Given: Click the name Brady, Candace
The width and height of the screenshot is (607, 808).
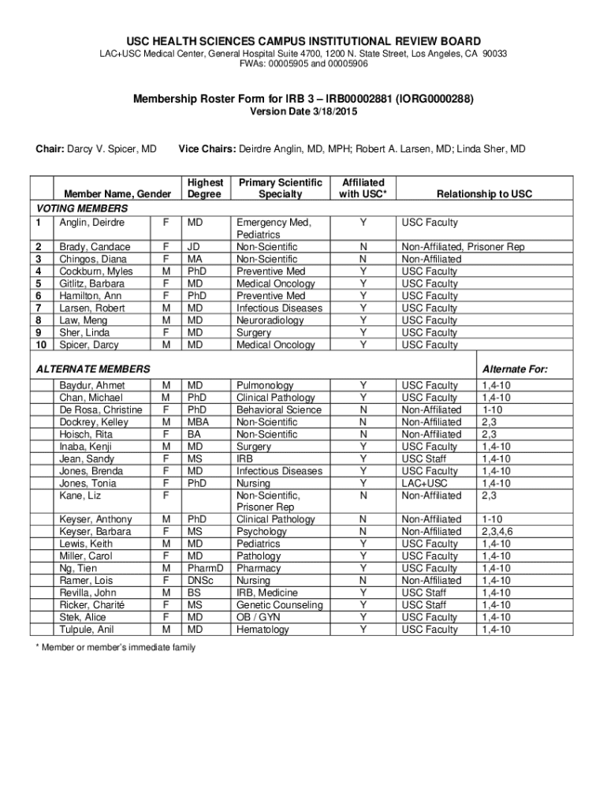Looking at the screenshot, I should point(89,247).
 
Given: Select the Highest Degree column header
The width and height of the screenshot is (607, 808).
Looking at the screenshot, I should point(205,188).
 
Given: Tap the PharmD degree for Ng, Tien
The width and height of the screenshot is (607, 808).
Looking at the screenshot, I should point(204,568).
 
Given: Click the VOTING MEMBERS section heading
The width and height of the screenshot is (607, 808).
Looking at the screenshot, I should point(82,208).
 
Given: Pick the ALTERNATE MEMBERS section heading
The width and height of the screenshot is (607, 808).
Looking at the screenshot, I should point(92,369).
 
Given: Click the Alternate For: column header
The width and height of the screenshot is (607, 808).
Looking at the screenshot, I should point(515,369).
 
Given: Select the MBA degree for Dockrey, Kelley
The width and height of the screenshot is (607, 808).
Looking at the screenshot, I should point(199,422).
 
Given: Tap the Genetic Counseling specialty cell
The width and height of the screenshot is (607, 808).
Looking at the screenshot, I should point(279,605).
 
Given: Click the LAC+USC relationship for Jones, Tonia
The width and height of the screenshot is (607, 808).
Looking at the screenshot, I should point(425,483).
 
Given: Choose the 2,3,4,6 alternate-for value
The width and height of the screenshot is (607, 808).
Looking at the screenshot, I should point(497,532).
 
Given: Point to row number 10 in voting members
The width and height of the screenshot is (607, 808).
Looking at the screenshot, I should point(43,345).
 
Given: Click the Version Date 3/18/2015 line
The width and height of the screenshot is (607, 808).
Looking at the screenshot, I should point(303,112).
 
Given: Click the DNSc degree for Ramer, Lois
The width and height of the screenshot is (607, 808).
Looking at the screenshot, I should point(201,581).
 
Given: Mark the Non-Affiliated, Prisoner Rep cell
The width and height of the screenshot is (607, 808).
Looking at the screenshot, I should point(463,247).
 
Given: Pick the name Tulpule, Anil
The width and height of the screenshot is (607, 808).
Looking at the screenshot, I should point(86,630).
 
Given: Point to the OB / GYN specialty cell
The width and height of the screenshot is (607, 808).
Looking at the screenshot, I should point(259,617).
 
